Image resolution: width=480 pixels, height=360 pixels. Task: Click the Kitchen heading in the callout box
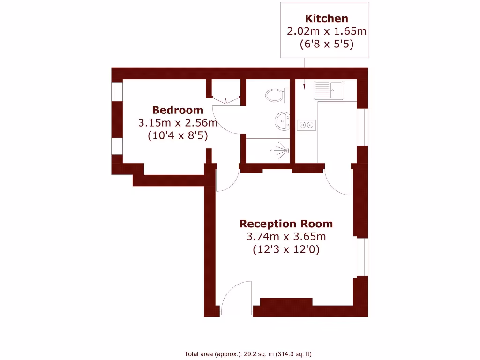326,19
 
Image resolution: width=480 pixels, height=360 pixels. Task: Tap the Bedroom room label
178,110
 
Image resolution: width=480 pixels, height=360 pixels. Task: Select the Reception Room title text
286,224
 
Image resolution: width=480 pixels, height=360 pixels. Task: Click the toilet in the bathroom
275,96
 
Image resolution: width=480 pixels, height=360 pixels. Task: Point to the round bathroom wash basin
281,120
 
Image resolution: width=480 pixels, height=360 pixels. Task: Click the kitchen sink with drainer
329,89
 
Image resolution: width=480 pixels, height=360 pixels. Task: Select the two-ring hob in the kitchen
307,125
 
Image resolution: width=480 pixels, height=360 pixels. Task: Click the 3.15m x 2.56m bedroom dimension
178,123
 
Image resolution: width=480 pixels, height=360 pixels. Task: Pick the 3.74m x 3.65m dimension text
286,237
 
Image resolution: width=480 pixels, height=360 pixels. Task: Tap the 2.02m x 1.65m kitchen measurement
326,32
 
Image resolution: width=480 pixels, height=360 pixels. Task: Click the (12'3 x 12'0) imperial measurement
286,249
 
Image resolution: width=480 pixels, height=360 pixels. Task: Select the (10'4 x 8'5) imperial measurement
178,136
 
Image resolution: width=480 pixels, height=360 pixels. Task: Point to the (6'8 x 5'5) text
326,45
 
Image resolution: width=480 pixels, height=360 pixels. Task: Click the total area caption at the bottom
248,354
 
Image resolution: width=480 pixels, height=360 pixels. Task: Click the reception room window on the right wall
361,257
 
